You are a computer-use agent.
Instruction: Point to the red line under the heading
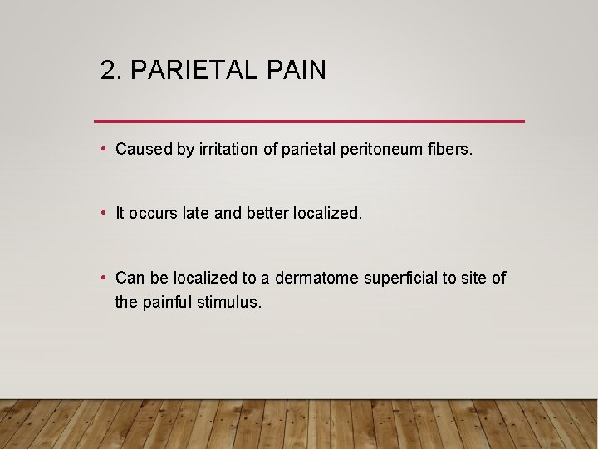click(x=309, y=121)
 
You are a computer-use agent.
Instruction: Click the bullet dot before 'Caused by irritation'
click(x=102, y=149)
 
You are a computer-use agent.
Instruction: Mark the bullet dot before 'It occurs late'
click(x=102, y=213)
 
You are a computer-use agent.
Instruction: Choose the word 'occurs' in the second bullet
click(x=155, y=214)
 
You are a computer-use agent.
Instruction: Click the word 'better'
click(x=266, y=214)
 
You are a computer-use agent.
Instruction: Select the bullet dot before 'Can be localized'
click(x=102, y=277)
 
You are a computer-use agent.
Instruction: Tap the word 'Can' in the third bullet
click(x=130, y=278)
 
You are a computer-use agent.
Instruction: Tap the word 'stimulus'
click(x=229, y=302)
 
